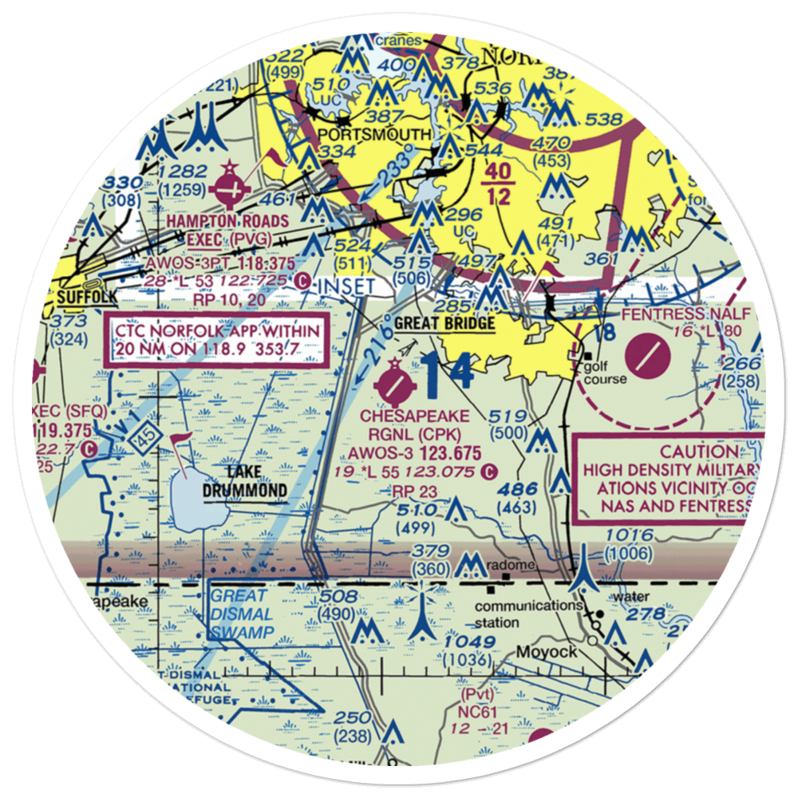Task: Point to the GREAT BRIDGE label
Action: tap(444, 323)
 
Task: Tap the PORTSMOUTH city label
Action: tap(375, 133)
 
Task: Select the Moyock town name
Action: tap(546, 652)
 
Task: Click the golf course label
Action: tap(605, 373)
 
